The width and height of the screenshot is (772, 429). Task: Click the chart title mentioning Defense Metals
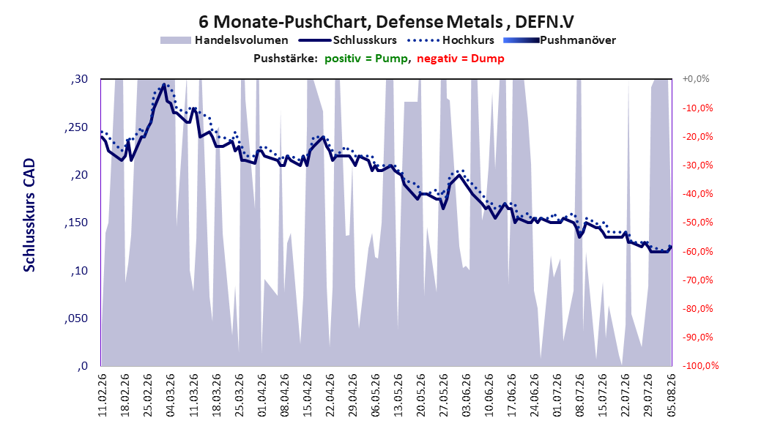click(x=386, y=22)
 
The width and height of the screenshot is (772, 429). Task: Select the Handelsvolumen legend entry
click(x=224, y=40)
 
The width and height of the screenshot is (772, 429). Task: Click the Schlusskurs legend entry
click(x=348, y=40)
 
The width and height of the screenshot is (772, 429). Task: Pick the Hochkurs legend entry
click(x=451, y=40)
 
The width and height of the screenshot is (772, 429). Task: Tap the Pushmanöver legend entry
click(x=560, y=40)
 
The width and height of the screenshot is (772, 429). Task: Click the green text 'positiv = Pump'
click(x=366, y=59)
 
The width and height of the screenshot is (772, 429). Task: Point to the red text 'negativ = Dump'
click(x=461, y=59)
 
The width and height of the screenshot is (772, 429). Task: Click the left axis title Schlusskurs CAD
click(x=29, y=215)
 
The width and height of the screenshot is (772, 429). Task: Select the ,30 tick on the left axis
click(x=79, y=79)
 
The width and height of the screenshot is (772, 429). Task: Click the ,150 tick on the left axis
click(x=76, y=223)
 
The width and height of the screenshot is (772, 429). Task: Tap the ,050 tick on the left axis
click(x=76, y=318)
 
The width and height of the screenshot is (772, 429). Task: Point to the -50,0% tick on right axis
click(x=697, y=223)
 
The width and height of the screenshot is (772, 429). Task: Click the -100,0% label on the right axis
click(x=700, y=365)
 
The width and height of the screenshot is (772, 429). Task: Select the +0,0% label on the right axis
click(x=696, y=79)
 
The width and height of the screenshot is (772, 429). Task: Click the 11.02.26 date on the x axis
click(x=103, y=395)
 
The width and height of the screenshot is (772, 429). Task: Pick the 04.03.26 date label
click(x=171, y=395)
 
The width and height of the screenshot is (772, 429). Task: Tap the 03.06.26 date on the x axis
click(x=467, y=395)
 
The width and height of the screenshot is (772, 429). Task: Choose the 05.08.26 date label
click(x=671, y=395)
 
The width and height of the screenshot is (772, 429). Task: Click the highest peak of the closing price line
click(x=164, y=84)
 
